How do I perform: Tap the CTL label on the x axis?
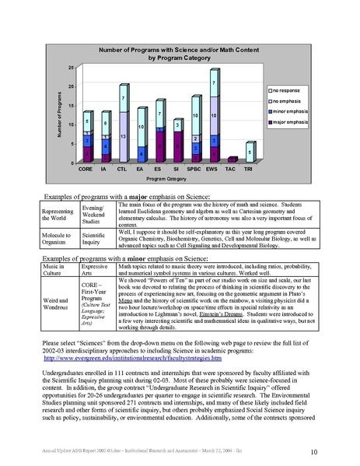pos(122,168)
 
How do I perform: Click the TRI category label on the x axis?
pos(248,168)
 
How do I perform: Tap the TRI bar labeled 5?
pos(248,152)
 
